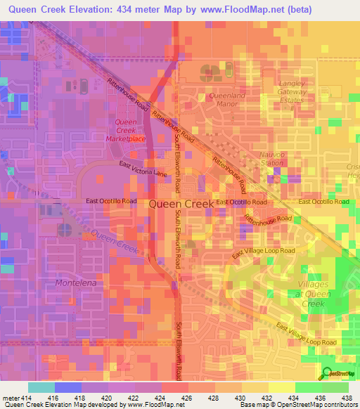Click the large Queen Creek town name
coord(181,203)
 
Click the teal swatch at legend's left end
coord(41,387)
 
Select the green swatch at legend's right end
coord(335,387)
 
